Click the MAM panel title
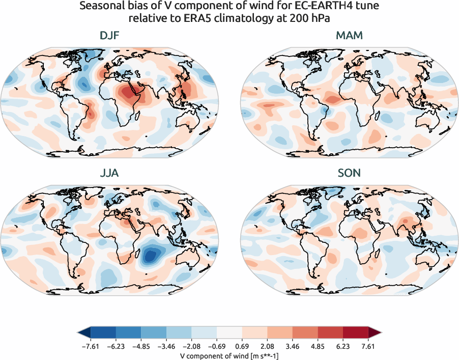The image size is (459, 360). tap(349, 36)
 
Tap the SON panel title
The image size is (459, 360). tap(349, 173)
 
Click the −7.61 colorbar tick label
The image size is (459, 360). tap(90, 347)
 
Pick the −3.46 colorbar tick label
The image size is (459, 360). tap(166, 347)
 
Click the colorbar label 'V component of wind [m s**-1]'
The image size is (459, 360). tap(230, 355)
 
